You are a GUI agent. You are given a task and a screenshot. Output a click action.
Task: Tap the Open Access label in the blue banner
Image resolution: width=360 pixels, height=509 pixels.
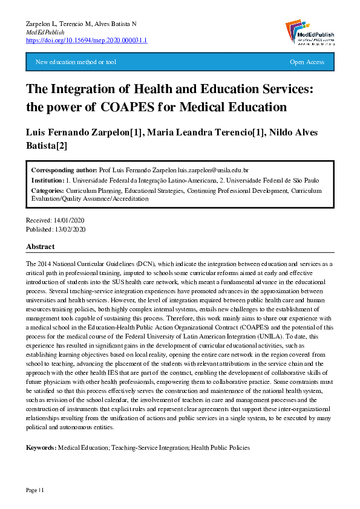click(x=307, y=62)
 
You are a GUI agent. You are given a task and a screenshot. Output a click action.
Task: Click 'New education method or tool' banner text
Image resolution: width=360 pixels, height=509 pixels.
click(x=76, y=62)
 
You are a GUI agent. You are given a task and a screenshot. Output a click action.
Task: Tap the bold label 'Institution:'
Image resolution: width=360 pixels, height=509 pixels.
click(x=47, y=181)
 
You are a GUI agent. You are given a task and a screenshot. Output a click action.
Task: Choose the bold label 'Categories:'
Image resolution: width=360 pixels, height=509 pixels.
click(x=47, y=190)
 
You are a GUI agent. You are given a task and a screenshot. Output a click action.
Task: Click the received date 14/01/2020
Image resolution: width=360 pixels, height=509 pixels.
click(x=70, y=221)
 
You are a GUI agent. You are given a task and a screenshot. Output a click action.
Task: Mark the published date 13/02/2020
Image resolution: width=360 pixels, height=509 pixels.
click(x=70, y=230)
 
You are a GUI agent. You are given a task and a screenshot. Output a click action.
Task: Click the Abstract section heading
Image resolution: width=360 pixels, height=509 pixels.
click(x=40, y=247)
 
